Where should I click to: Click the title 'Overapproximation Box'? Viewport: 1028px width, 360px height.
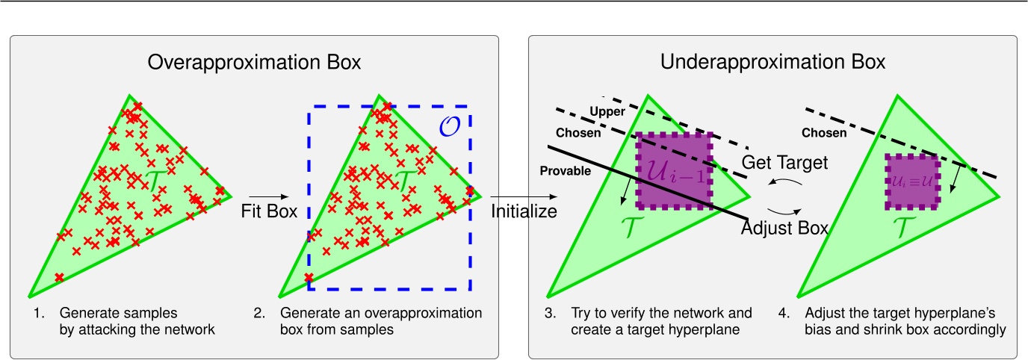[x=254, y=63]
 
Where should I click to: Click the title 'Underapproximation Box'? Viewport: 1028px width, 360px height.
[x=772, y=63]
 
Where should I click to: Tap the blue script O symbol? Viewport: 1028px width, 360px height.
[x=450, y=126]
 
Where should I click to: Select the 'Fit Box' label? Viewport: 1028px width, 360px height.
[x=269, y=211]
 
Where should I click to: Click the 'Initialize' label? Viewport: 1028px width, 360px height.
[x=524, y=211]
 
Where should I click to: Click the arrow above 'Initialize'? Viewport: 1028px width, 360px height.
[x=524, y=196]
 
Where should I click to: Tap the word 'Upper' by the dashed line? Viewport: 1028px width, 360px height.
[x=607, y=111]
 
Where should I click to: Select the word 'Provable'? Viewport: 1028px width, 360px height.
[x=566, y=171]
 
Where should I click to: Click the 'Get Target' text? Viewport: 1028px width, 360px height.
[x=784, y=162]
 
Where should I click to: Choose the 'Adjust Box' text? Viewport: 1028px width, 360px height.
[x=784, y=228]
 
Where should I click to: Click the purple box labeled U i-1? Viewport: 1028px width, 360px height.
[x=674, y=170]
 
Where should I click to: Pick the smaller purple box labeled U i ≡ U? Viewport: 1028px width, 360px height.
[x=912, y=181]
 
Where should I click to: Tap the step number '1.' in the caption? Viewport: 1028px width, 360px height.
[x=39, y=313]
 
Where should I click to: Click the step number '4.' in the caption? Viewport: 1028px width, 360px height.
[x=784, y=313]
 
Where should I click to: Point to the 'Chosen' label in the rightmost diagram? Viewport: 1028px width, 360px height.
[x=824, y=133]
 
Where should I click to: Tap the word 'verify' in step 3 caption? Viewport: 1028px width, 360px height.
[x=628, y=314]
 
